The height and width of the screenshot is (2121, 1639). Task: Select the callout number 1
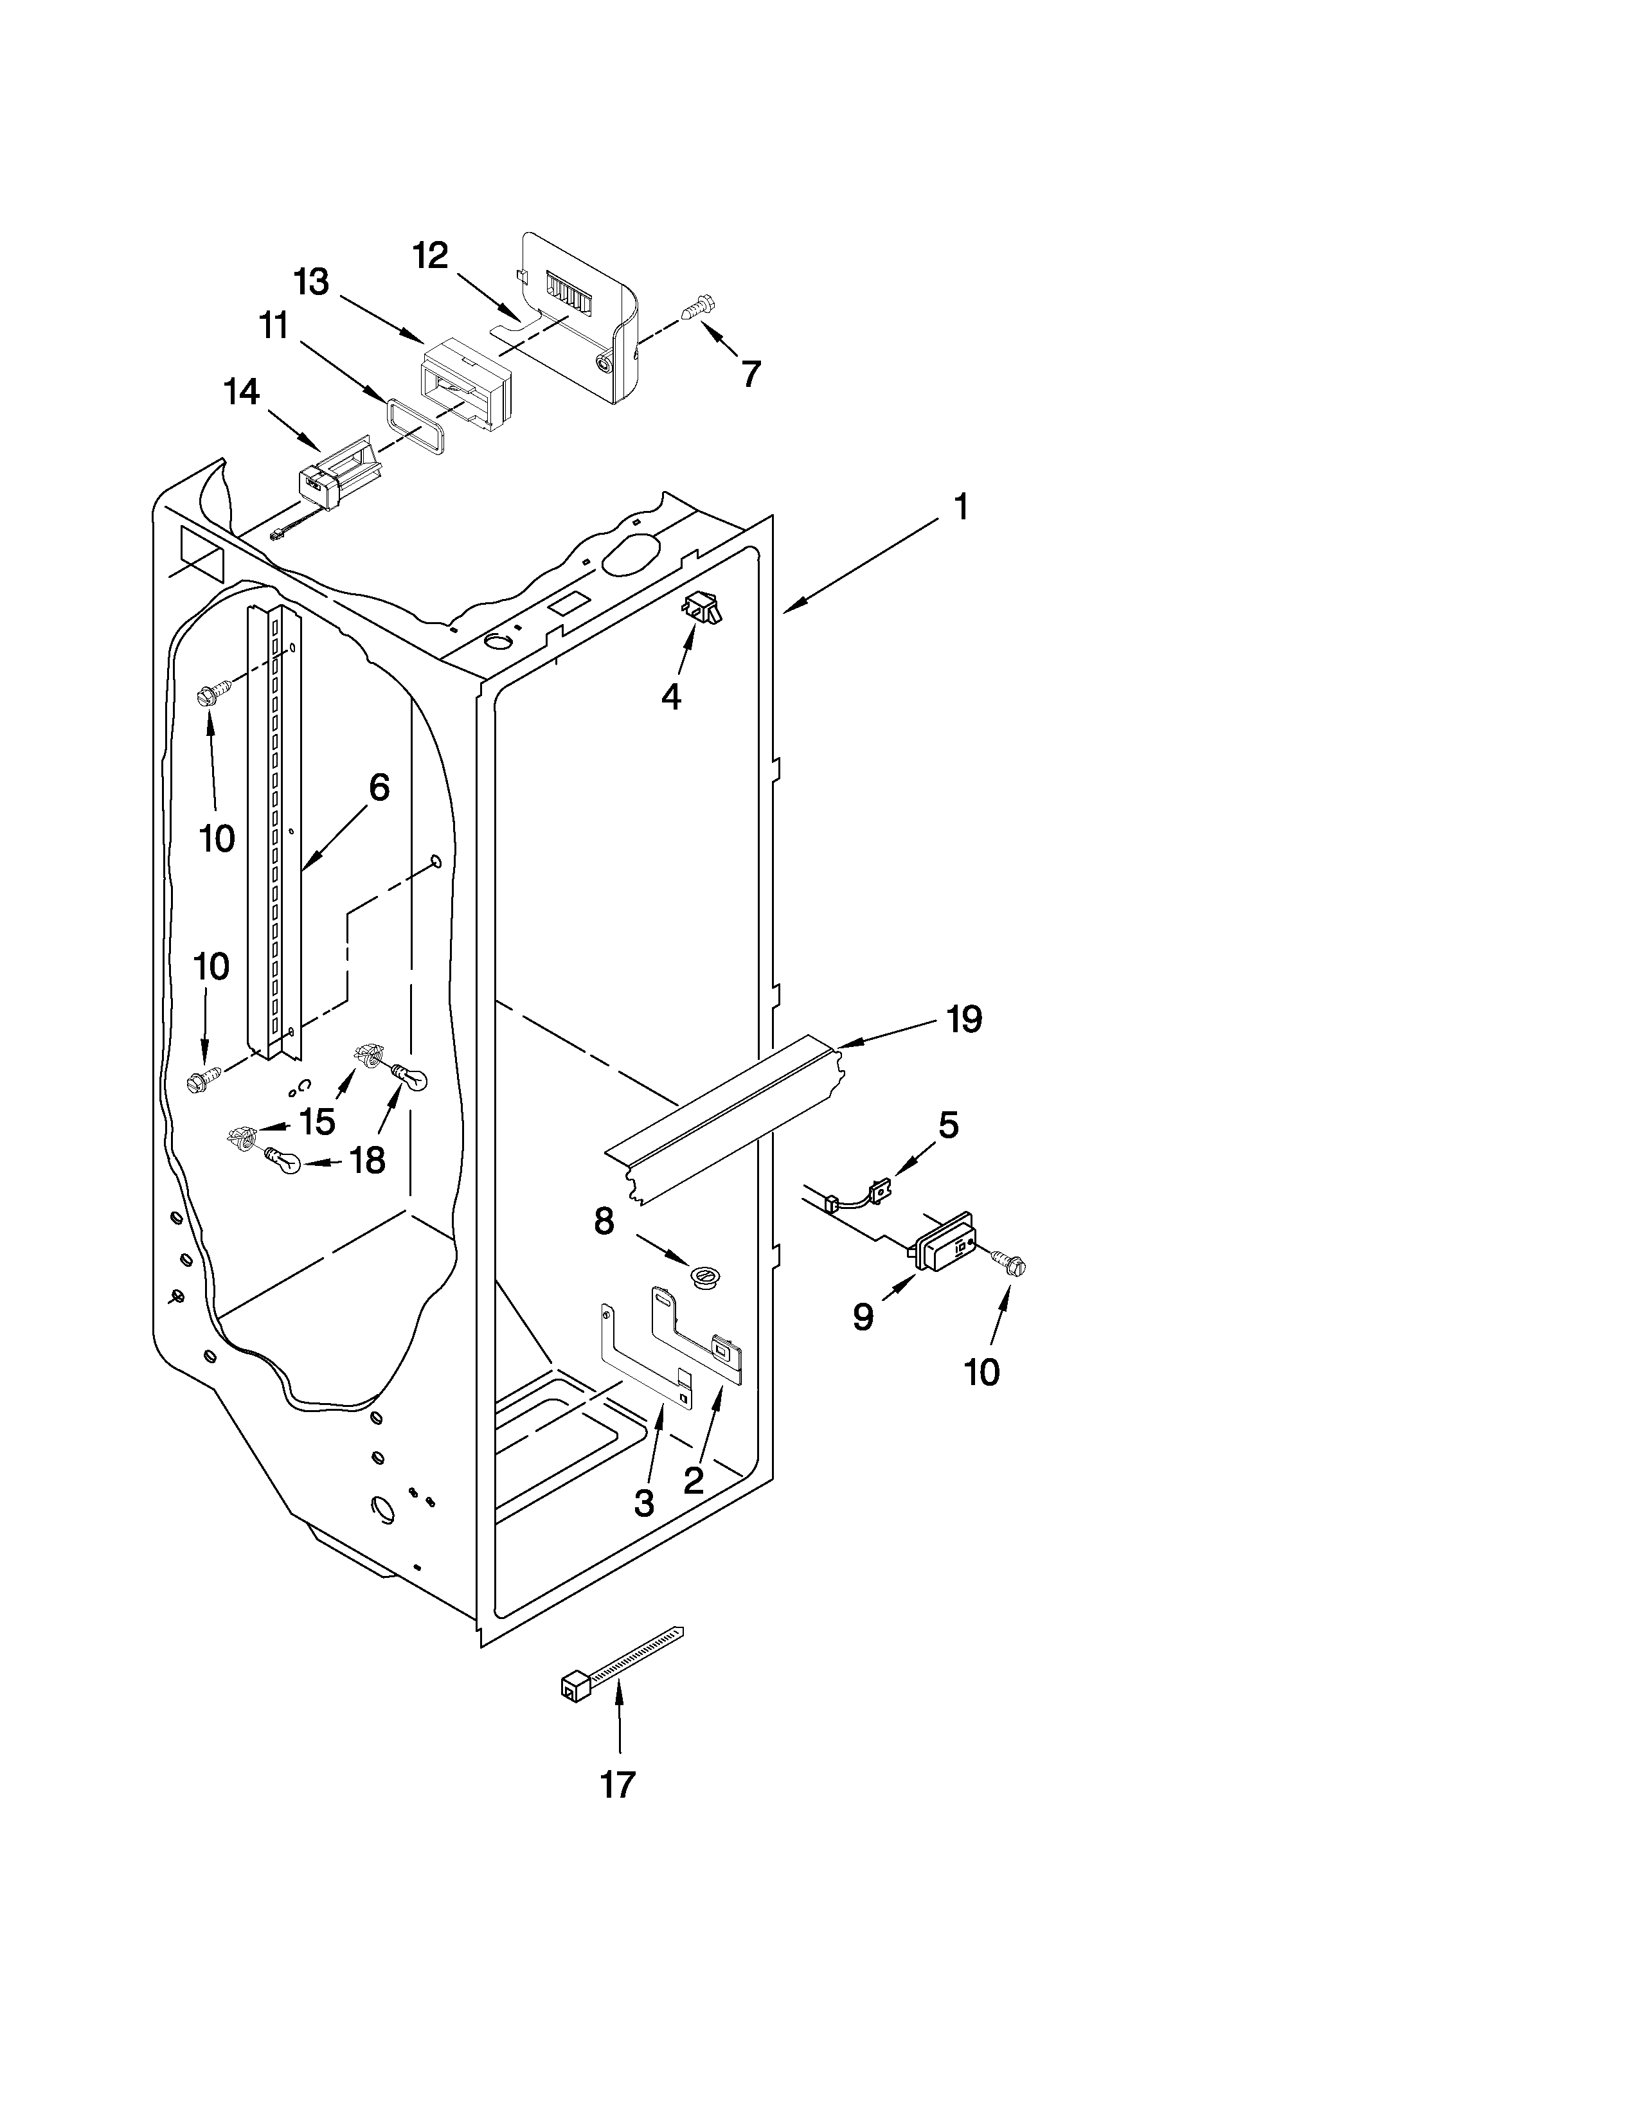coord(960,507)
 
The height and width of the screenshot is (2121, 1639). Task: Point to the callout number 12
coord(430,255)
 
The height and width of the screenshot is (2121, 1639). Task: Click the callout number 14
coord(241,391)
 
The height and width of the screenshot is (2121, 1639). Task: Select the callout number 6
coord(379,787)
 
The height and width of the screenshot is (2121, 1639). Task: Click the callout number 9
coord(862,1317)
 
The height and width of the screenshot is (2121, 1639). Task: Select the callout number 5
coord(947,1125)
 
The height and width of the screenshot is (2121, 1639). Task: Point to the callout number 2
coord(694,1480)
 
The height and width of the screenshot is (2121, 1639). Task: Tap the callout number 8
coord(604,1221)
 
